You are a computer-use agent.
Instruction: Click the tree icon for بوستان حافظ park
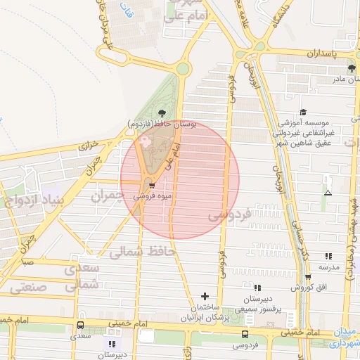pos(162,112)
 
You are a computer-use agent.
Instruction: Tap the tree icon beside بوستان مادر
pos(352,68)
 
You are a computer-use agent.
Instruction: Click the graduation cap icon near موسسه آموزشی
pos(303,112)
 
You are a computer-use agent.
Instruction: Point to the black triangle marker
pos(327,192)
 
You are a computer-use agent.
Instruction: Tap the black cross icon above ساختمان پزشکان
pos(205,296)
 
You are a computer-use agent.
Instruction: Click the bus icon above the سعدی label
pos(80,326)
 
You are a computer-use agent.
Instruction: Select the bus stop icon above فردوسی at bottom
pos(245,334)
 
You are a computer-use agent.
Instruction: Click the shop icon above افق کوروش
pos(307,276)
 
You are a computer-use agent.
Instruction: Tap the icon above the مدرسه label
pos(328,257)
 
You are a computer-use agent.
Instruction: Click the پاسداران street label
pos(323,53)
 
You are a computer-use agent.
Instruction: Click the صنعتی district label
pos(28,286)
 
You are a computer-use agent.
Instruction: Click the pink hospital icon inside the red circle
pos(146,141)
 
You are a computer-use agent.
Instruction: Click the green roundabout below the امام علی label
pos(183,68)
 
